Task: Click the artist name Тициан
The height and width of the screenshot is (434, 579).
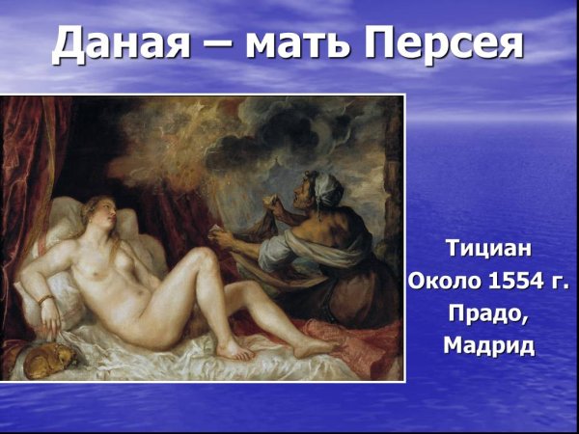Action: tap(488, 249)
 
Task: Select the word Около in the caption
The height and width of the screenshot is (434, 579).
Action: tap(447, 283)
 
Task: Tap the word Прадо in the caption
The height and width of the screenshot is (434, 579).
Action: tap(487, 314)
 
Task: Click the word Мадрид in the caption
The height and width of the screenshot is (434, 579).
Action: tap(488, 346)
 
